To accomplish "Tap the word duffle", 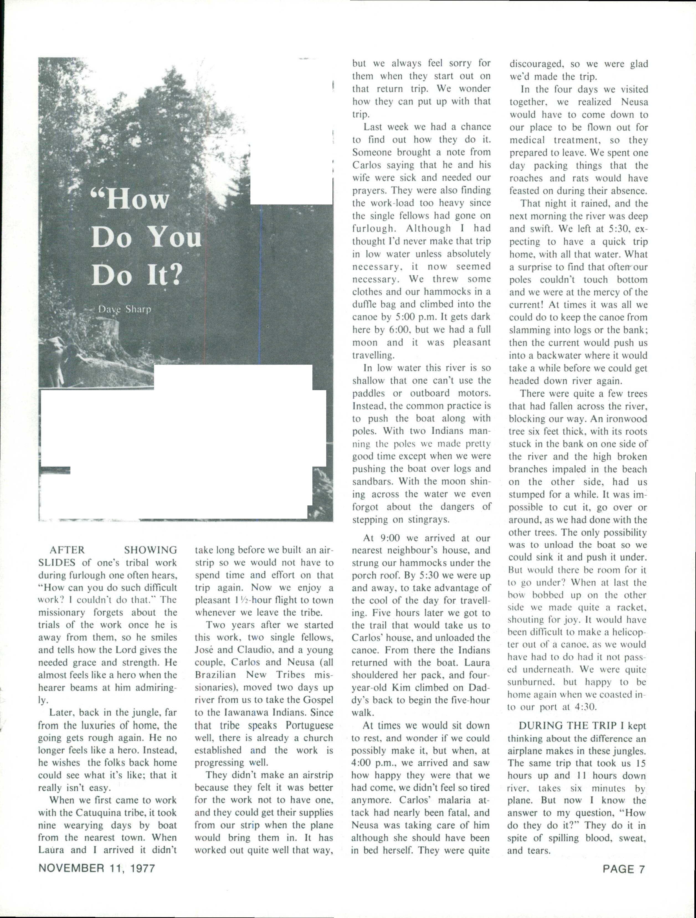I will (365, 304).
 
